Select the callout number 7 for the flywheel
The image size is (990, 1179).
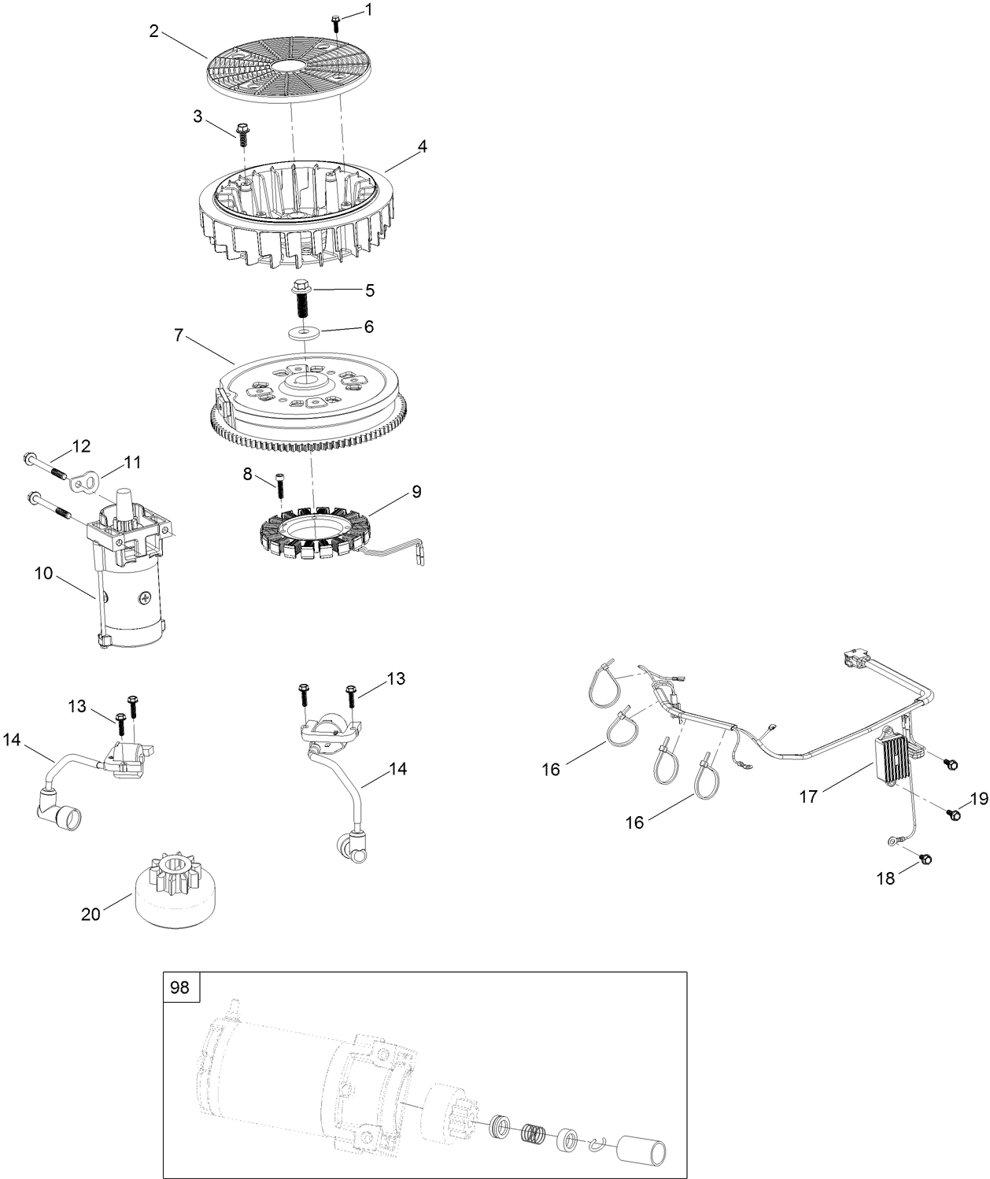[x=179, y=335]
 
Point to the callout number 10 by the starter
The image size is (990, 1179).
[x=43, y=573]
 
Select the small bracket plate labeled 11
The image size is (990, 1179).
[x=81, y=482]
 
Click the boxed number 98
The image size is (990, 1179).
[x=180, y=986]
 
